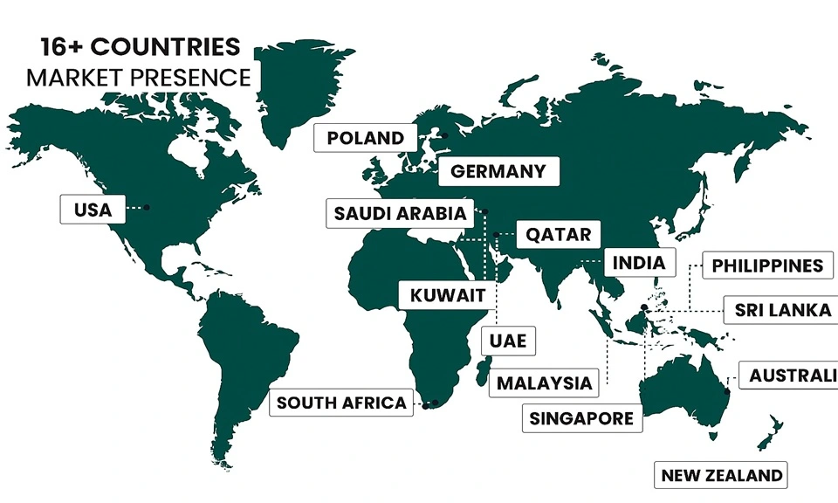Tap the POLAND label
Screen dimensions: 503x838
(365, 138)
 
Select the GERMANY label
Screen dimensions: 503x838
(498, 171)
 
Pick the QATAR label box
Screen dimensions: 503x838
(558, 235)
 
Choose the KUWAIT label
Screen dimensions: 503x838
(447, 296)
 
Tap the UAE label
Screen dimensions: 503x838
(508, 340)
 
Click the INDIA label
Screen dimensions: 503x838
(639, 262)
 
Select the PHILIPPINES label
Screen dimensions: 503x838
(767, 265)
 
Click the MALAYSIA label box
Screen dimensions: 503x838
(544, 382)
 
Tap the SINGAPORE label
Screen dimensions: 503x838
(581, 418)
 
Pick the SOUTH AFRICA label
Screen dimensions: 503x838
(341, 403)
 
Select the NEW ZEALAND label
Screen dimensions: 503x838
(722, 476)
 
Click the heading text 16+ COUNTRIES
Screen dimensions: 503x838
(139, 47)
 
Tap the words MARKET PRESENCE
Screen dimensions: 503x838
(139, 78)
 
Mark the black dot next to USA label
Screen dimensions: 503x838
(147, 207)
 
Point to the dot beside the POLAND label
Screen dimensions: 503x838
(444, 135)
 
